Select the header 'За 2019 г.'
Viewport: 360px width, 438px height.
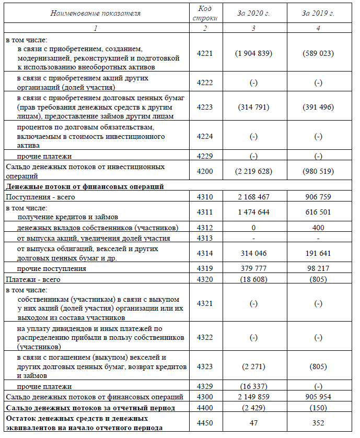click(318, 13)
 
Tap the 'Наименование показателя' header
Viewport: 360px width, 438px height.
click(96, 13)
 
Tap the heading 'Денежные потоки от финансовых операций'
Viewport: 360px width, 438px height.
click(85, 186)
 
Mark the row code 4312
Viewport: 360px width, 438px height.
click(205, 228)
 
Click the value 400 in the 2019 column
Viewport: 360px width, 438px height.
click(318, 228)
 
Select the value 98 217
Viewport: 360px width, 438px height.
click(318, 269)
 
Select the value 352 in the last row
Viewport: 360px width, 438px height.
click(318, 423)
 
